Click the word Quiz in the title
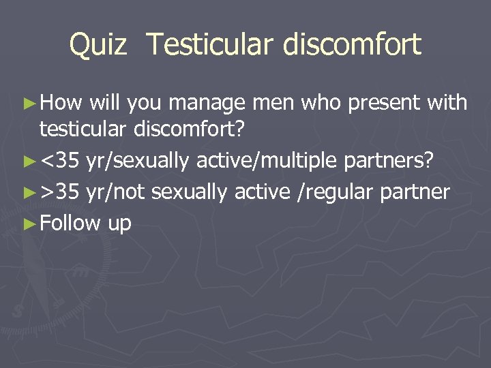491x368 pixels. [98, 45]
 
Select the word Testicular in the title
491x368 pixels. [203, 45]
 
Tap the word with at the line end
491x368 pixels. [447, 103]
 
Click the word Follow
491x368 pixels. [70, 223]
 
